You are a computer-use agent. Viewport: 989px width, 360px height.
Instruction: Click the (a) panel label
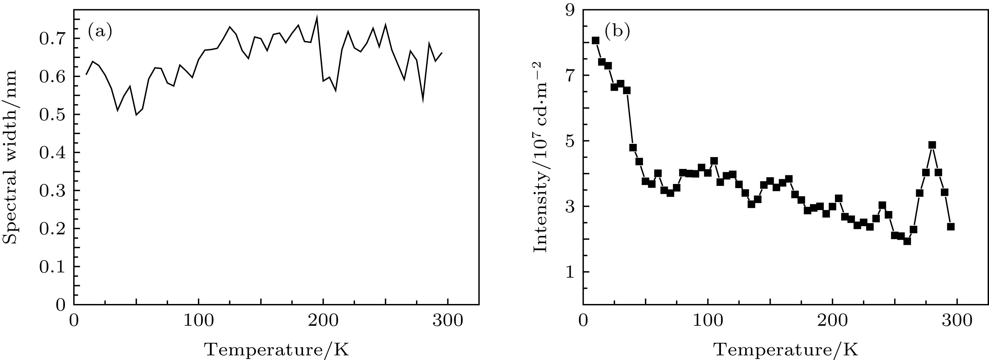[100, 32]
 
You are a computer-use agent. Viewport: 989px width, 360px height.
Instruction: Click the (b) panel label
[617, 32]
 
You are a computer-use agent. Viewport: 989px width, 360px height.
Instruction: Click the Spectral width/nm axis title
[10, 157]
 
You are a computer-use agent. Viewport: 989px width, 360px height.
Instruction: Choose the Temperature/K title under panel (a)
[276, 349]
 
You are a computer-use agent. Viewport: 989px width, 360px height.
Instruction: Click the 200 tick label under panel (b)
[832, 321]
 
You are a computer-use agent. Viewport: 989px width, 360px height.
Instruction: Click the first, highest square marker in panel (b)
[596, 41]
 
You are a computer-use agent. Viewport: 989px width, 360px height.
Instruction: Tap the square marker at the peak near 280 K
[932, 145]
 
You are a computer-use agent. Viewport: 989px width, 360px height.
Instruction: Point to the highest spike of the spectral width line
[317, 17]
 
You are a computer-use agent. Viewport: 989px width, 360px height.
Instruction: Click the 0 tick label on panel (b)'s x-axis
[583, 321]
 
